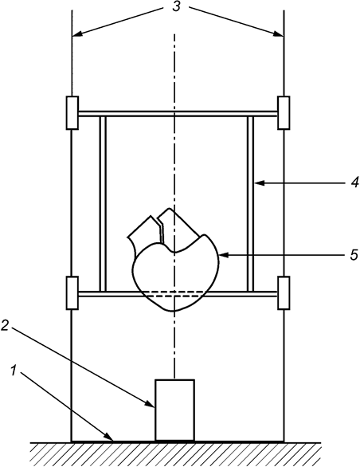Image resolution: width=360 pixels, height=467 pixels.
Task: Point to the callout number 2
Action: click(6, 326)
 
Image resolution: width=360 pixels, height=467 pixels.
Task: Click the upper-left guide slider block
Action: click(72, 112)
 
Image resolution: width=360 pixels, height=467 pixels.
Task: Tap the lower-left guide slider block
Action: click(72, 293)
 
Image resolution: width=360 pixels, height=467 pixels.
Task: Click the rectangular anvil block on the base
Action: click(174, 410)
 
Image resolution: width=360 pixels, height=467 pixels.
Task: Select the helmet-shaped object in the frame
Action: click(174, 265)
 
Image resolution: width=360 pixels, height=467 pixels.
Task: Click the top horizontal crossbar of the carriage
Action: click(177, 113)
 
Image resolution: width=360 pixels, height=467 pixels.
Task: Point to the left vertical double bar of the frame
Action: click(102, 203)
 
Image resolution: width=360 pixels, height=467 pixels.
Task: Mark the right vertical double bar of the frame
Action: click(250, 203)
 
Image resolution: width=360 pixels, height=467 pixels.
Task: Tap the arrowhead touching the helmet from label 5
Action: click(221, 256)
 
